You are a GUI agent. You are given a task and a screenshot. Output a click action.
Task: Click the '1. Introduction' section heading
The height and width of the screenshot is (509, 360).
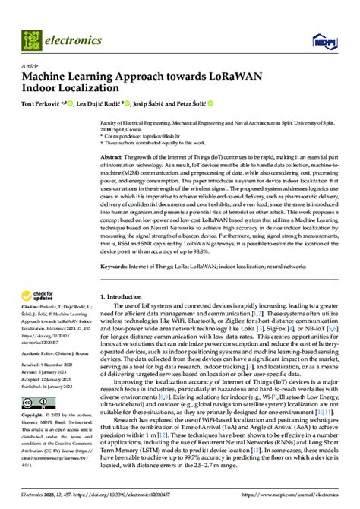[126, 316]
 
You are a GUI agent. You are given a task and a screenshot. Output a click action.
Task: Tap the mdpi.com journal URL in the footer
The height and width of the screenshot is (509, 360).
[305, 502]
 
